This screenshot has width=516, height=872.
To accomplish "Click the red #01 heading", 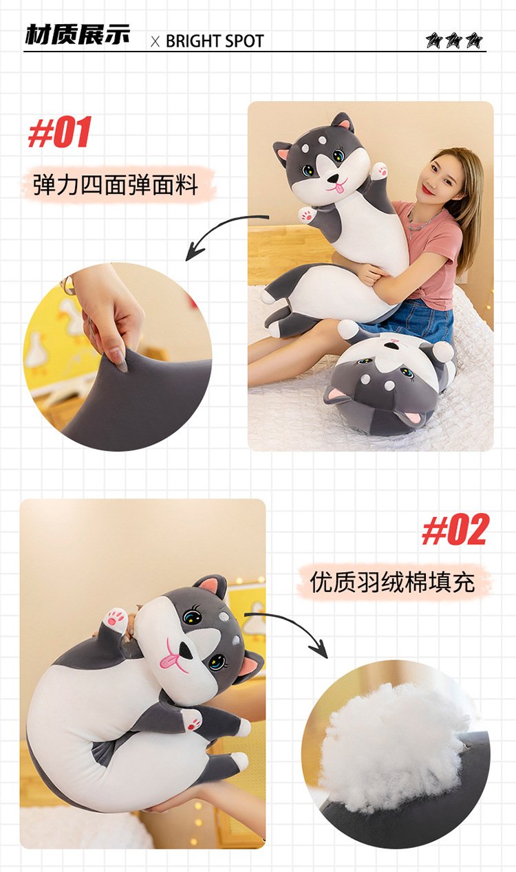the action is (x=61, y=132).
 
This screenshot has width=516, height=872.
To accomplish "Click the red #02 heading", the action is (x=455, y=530).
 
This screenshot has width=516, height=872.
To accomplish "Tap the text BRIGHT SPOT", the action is (x=215, y=41).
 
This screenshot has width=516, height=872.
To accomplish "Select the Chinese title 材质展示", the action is (x=77, y=35).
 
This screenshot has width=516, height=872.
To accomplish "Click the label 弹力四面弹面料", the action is (x=116, y=184).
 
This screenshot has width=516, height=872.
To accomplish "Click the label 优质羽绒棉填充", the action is (x=392, y=582).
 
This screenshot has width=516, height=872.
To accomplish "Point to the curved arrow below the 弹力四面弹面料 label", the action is (x=218, y=230).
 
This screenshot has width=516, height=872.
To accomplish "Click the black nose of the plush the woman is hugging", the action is (x=334, y=178).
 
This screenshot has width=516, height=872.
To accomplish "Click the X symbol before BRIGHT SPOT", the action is (x=155, y=42).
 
